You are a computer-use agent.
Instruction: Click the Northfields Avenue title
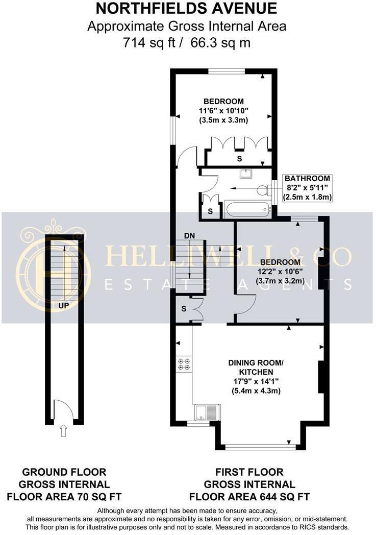coord(187,8)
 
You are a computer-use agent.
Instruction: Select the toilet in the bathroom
coord(263,190)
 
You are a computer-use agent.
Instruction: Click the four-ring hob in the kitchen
coord(184,363)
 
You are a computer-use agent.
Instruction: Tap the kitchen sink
coord(207,411)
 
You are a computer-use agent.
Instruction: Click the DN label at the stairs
coord(190,236)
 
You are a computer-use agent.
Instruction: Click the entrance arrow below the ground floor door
coord(63,432)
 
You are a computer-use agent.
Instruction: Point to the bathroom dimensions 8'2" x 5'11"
coord(308,188)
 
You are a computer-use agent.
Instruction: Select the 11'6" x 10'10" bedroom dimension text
coord(223,111)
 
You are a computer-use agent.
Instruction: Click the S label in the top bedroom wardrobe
coord(239,159)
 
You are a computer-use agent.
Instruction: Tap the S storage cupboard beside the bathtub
coord(210,210)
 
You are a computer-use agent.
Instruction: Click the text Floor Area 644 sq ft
coord(249,496)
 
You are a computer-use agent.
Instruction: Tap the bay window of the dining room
coord(260,447)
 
